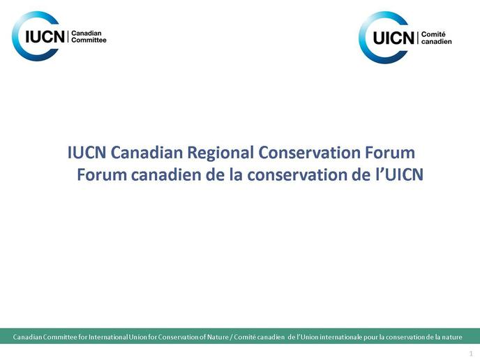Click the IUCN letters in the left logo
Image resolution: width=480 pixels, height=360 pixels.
coord(45,36)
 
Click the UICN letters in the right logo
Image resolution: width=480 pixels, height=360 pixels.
coord(393,38)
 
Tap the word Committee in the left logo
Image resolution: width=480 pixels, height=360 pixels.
coord(89,40)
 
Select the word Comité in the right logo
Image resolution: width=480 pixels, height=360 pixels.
coord(433,34)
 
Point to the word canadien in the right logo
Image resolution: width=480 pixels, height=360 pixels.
coord(437,41)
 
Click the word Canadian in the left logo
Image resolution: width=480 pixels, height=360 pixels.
coord(87,33)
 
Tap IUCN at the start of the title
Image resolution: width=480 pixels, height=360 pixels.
coord(87,153)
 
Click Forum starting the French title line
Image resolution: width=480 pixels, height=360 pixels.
coord(102,175)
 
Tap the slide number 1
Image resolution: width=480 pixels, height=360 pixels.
coord(471,353)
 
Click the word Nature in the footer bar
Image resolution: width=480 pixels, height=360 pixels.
coord(218,337)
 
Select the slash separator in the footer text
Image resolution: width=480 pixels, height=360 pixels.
coord(232,337)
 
